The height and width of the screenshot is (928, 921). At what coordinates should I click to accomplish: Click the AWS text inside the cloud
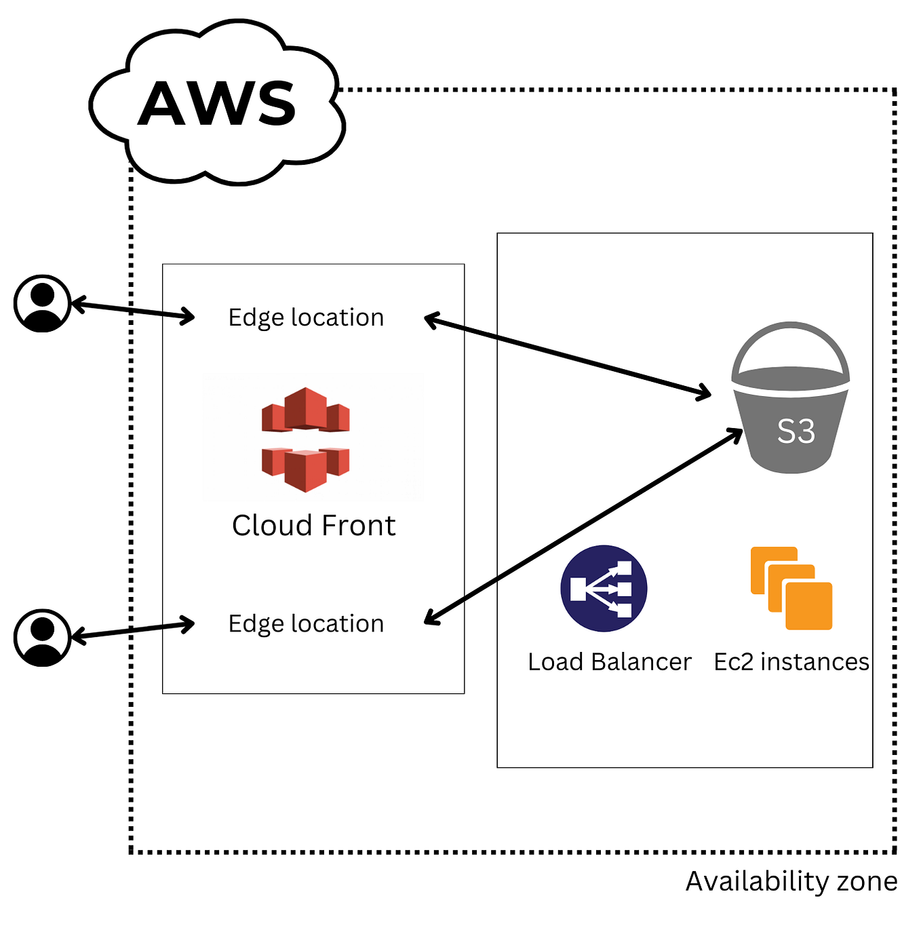(x=217, y=104)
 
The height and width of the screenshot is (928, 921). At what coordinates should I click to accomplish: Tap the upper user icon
(x=43, y=303)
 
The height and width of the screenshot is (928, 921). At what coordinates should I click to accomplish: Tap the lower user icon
(x=43, y=638)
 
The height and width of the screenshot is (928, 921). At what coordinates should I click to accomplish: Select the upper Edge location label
(x=306, y=317)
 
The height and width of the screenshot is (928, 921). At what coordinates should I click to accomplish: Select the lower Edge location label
(x=306, y=623)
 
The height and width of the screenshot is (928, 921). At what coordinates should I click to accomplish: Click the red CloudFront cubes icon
(x=306, y=439)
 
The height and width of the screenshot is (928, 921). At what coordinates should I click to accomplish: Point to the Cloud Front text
(x=313, y=526)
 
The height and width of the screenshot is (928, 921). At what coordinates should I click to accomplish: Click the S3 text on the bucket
(x=796, y=431)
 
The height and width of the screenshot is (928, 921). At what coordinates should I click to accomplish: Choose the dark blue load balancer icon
(x=604, y=588)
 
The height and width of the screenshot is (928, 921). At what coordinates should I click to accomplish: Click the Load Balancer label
(x=609, y=661)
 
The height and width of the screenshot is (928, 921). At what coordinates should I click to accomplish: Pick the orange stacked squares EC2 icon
(x=791, y=588)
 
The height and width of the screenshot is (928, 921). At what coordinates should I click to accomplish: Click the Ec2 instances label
(x=791, y=661)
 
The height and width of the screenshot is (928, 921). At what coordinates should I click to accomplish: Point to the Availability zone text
(x=791, y=881)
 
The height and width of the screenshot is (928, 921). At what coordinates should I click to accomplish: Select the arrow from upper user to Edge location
(x=133, y=311)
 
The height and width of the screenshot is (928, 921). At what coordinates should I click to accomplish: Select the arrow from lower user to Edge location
(x=133, y=630)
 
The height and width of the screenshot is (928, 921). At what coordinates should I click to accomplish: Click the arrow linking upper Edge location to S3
(x=567, y=355)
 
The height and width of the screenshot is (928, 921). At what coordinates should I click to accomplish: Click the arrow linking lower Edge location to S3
(x=583, y=526)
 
